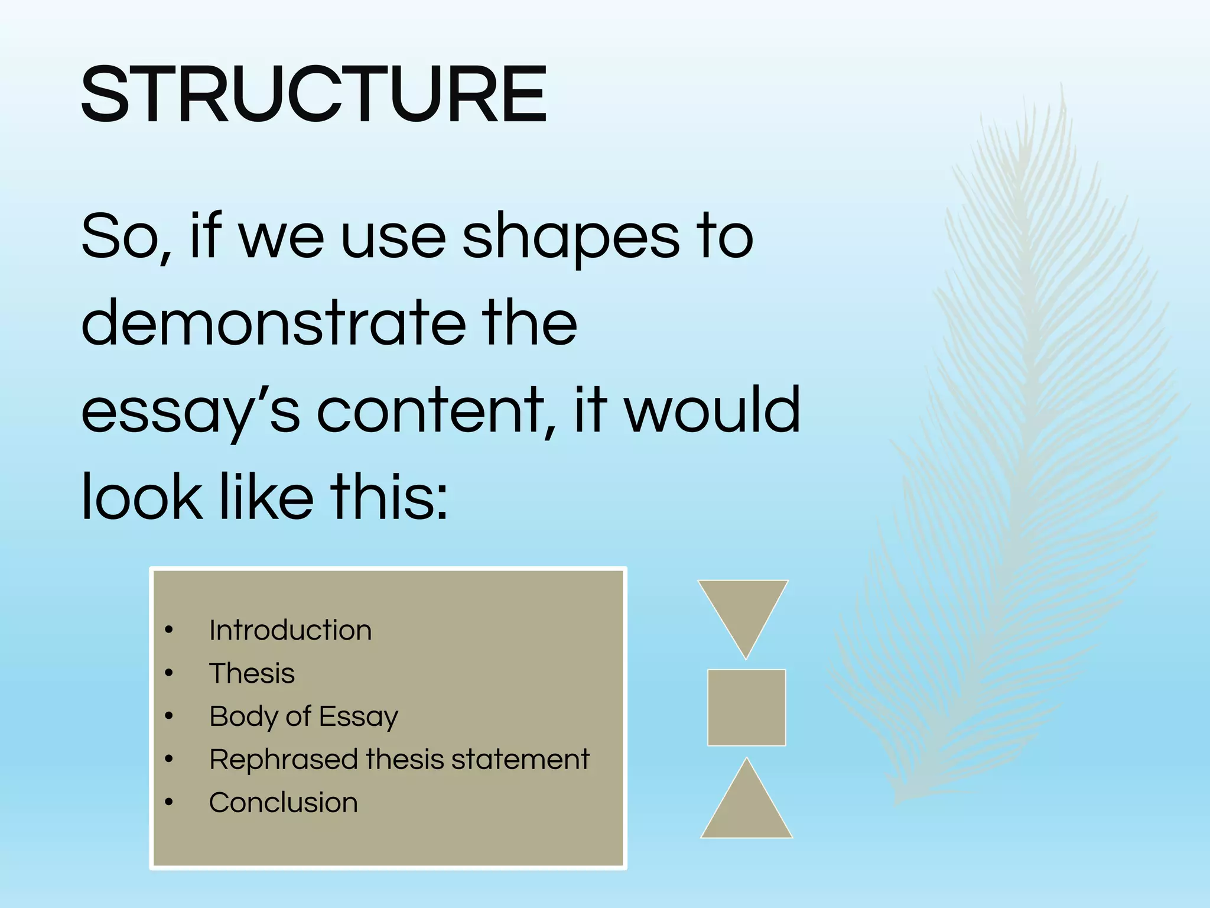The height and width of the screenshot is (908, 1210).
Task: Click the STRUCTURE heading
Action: [x=314, y=95]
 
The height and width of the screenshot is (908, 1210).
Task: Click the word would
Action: [x=712, y=410]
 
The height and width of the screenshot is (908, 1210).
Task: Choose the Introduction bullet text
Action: [x=290, y=630]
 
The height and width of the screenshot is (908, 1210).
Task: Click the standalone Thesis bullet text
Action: [x=252, y=673]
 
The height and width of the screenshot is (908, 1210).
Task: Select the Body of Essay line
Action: [x=304, y=716]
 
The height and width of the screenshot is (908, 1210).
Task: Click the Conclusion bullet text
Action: [x=283, y=803]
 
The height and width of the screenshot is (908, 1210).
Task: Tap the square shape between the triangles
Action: [x=746, y=708]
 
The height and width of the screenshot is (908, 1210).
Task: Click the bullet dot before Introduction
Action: [x=169, y=631]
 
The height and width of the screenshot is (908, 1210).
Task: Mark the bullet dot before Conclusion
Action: [x=169, y=803]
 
